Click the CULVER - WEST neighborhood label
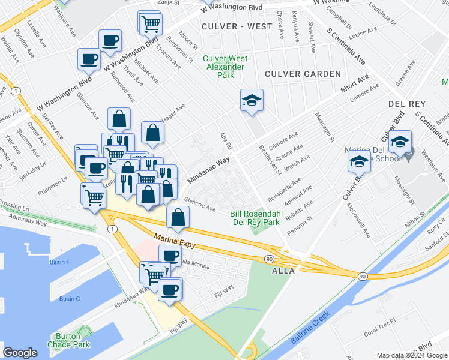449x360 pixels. pos(232,27)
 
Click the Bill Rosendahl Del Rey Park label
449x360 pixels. pos(256,218)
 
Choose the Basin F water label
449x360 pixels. pos(60,262)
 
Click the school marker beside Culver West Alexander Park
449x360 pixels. pos(252,100)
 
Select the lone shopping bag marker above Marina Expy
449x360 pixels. pos(178,219)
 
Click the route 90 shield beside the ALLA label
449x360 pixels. pos(268,259)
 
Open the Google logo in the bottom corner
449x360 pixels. pos(20,353)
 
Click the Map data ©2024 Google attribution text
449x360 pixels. pos(411,355)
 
